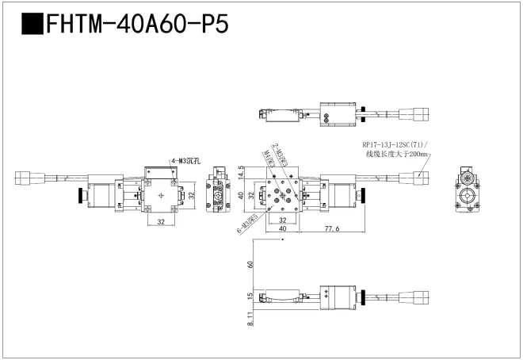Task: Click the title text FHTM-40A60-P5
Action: pyautogui.click(x=138, y=25)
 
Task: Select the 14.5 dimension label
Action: pyautogui.click(x=239, y=171)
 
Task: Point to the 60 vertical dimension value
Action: pyautogui.click(x=250, y=266)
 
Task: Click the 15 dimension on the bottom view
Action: pyautogui.click(x=250, y=297)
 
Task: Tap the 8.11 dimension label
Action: pyautogui.click(x=250, y=319)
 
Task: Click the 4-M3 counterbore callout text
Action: pyautogui.click(x=185, y=161)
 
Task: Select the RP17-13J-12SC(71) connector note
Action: pyautogui.click(x=395, y=144)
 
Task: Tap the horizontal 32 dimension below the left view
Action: pyautogui.click(x=161, y=223)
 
